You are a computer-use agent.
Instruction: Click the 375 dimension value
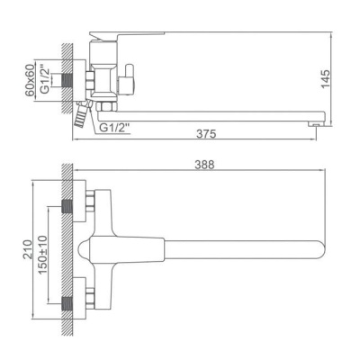(206, 133)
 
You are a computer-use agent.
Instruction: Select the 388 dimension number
(204, 165)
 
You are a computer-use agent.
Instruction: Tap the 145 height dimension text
(325, 79)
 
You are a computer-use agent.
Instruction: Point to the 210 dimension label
(28, 249)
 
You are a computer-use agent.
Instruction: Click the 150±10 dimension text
(43, 255)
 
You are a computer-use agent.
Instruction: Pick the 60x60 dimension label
(30, 81)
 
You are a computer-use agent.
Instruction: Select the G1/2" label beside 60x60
(44, 81)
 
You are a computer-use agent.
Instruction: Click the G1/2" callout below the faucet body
(114, 128)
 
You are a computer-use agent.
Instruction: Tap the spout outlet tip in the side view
(314, 123)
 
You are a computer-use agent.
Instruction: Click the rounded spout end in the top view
(321, 249)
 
